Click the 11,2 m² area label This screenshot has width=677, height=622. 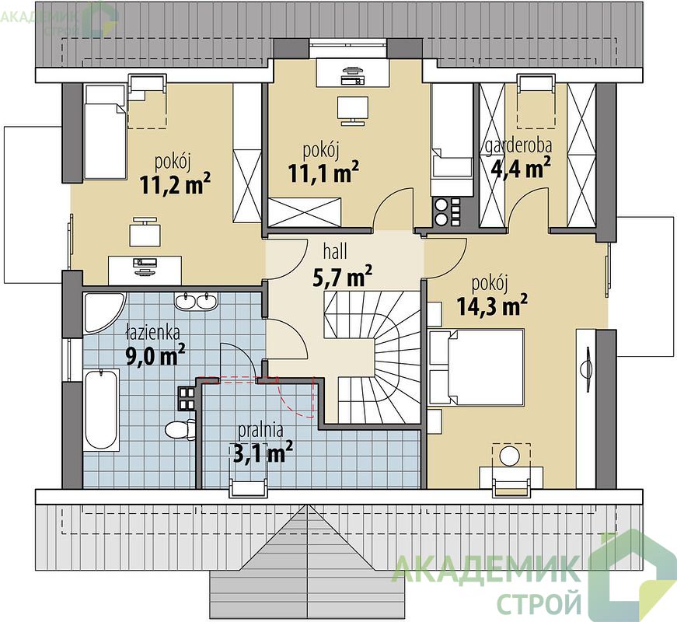point(175,184)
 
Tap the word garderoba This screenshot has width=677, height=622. point(518,146)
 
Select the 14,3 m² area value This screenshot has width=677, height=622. point(492,306)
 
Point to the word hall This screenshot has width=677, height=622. point(335,251)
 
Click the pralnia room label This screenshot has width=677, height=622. point(261,430)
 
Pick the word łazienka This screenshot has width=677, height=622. point(152,333)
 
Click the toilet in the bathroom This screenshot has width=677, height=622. point(180,429)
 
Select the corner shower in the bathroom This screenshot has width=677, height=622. point(103,313)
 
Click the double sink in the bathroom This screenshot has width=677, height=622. point(197,301)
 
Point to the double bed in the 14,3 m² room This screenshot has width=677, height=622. point(476,367)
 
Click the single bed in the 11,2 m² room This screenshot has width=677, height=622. point(105,131)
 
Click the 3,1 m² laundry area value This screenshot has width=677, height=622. point(263,453)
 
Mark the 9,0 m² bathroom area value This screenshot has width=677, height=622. point(155,355)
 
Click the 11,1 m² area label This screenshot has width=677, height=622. point(323,173)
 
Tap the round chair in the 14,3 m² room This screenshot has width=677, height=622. point(511,456)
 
